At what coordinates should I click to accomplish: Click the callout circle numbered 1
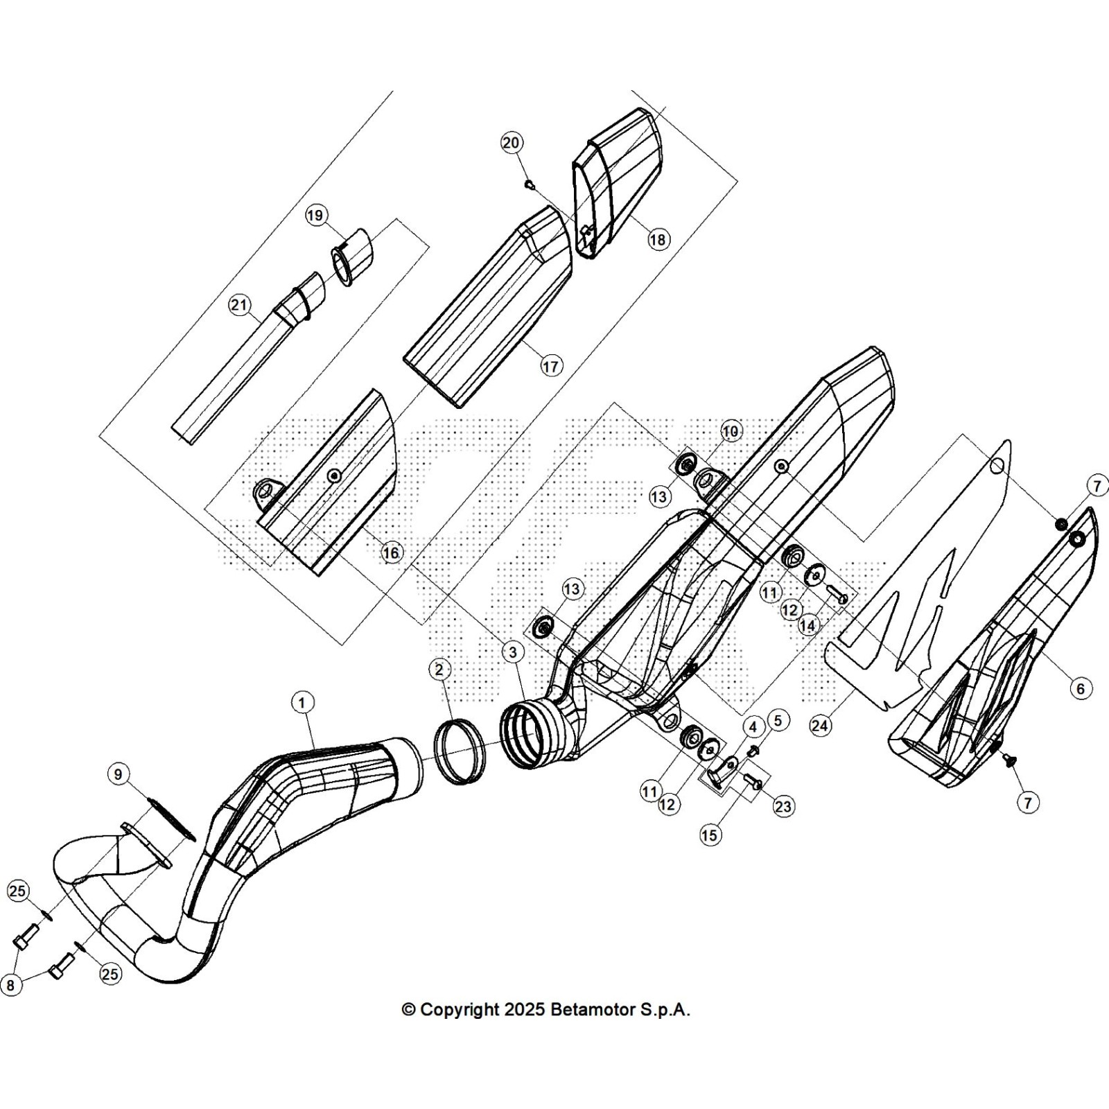(302, 703)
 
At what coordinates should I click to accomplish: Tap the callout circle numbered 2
(439, 670)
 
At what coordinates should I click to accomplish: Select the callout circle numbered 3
(512, 652)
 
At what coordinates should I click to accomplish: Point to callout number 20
(511, 143)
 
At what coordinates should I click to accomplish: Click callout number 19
(315, 216)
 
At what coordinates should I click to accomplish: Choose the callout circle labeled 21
(239, 305)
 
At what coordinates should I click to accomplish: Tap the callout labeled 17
(551, 365)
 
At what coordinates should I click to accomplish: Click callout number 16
(391, 552)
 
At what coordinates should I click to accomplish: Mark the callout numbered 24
(820, 726)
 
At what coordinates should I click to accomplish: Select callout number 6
(1080, 688)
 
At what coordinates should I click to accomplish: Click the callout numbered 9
(119, 774)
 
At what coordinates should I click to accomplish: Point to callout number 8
(10, 985)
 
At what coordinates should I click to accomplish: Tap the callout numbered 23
(784, 806)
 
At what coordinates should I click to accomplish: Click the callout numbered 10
(731, 431)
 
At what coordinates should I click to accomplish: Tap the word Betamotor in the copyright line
(591, 1010)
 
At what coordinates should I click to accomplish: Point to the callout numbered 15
(709, 835)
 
